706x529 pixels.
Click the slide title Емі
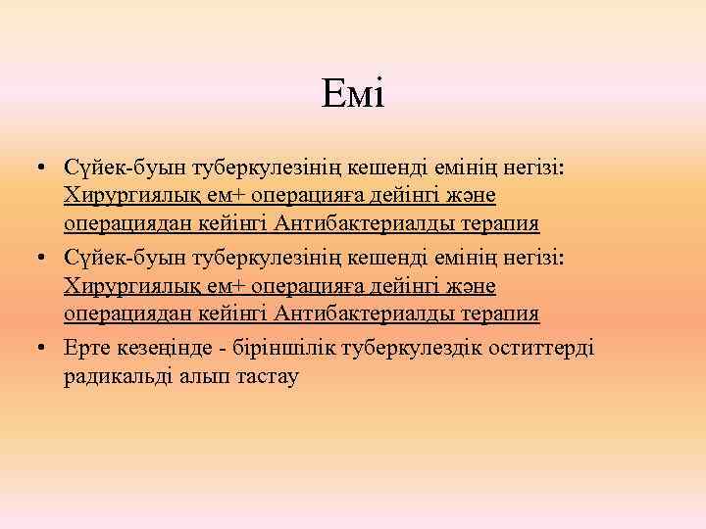click(x=352, y=95)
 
